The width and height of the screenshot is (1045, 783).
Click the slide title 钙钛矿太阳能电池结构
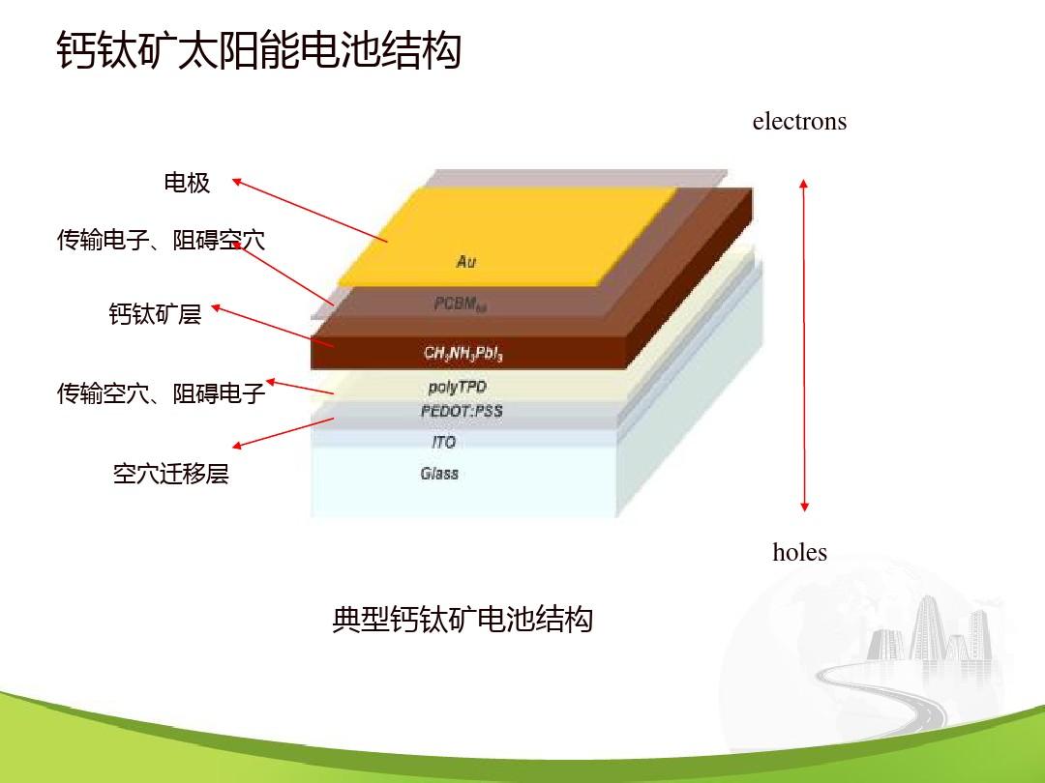(x=258, y=51)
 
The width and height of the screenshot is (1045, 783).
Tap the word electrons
(x=799, y=122)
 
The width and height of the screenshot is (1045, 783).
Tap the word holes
(x=799, y=553)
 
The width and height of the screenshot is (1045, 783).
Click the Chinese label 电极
(x=187, y=183)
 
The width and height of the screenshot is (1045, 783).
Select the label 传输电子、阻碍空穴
(x=161, y=240)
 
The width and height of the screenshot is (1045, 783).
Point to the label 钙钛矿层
(x=155, y=314)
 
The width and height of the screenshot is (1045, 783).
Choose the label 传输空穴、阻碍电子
(x=161, y=393)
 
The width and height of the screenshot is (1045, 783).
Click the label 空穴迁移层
(x=170, y=475)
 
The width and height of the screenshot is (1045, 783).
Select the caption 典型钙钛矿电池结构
(x=462, y=619)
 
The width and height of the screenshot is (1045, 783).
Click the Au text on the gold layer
(x=466, y=262)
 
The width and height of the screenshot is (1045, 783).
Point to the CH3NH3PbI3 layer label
(x=463, y=354)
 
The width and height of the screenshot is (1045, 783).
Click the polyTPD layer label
(x=458, y=388)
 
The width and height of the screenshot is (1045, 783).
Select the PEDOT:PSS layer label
(x=462, y=411)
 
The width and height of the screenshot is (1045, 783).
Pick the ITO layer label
(x=443, y=442)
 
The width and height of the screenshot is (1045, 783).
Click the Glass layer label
(x=439, y=474)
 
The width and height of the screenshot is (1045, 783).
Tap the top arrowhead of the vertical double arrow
(x=803, y=183)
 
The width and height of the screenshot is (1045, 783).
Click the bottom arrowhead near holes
(x=803, y=507)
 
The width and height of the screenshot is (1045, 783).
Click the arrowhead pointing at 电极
(x=236, y=181)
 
